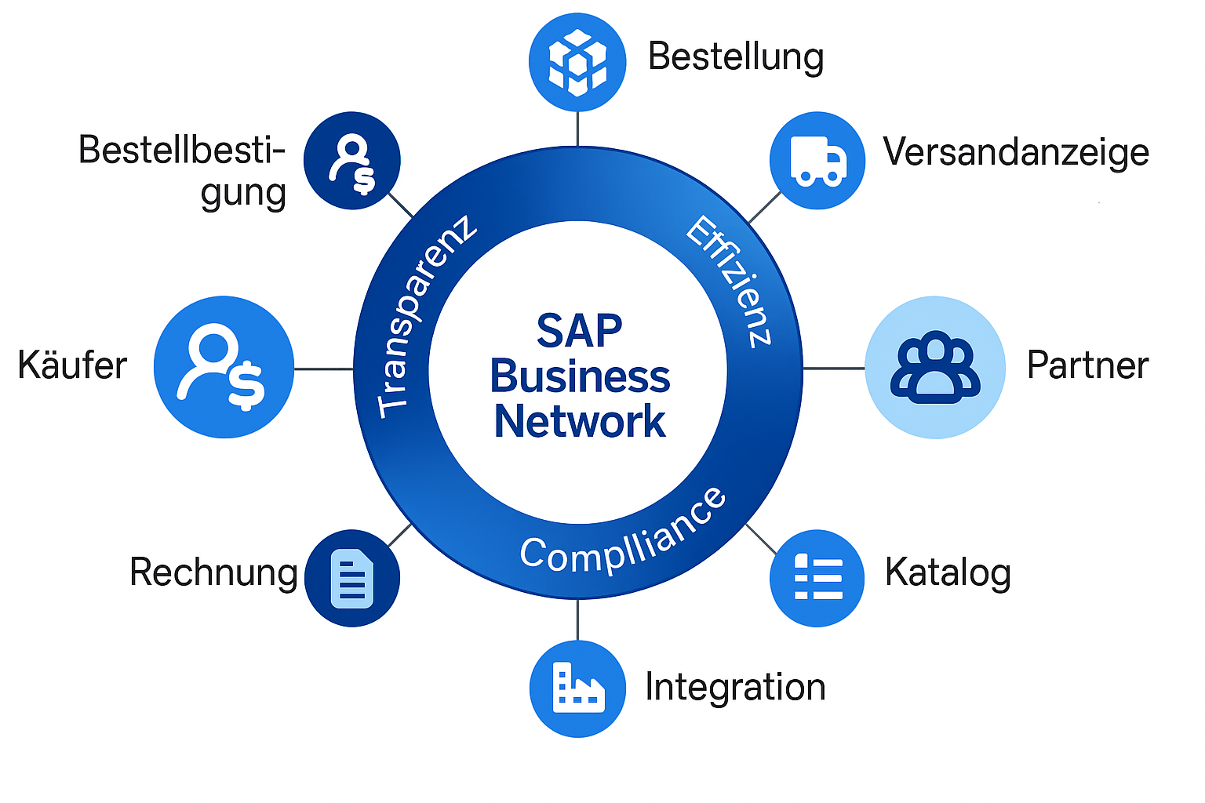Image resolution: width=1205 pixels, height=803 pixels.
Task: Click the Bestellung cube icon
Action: pyautogui.click(x=577, y=61)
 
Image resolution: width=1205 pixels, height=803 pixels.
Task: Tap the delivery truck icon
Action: pyautogui.click(x=817, y=160)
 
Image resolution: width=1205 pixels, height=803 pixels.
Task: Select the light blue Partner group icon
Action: pyautogui.click(x=935, y=367)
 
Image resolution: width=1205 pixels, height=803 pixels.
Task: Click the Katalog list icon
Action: pyautogui.click(x=817, y=579)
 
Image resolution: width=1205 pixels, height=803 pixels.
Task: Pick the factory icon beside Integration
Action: pyautogui.click(x=577, y=689)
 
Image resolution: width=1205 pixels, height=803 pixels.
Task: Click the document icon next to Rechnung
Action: pyautogui.click(x=352, y=579)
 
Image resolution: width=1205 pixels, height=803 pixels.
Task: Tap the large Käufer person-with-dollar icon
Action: pyautogui.click(x=224, y=367)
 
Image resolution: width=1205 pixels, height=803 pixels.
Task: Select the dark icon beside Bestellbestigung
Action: pyautogui.click(x=352, y=160)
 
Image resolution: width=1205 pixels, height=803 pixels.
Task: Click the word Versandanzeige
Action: pyautogui.click(x=1016, y=152)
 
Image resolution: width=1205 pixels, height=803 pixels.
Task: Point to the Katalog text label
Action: pyautogui.click(x=948, y=572)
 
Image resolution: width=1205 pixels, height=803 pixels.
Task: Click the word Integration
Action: pyautogui.click(x=735, y=687)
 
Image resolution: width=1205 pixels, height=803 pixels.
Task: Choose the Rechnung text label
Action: pyautogui.click(x=213, y=572)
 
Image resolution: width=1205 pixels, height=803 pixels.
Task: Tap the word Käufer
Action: pyautogui.click(x=72, y=365)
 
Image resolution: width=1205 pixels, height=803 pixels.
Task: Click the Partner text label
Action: pyautogui.click(x=1087, y=365)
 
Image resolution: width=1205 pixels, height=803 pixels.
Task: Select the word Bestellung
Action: pyautogui.click(x=736, y=57)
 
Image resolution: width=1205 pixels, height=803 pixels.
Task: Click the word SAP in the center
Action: pyautogui.click(x=579, y=331)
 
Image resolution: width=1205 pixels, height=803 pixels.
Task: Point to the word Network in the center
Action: pyautogui.click(x=579, y=422)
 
